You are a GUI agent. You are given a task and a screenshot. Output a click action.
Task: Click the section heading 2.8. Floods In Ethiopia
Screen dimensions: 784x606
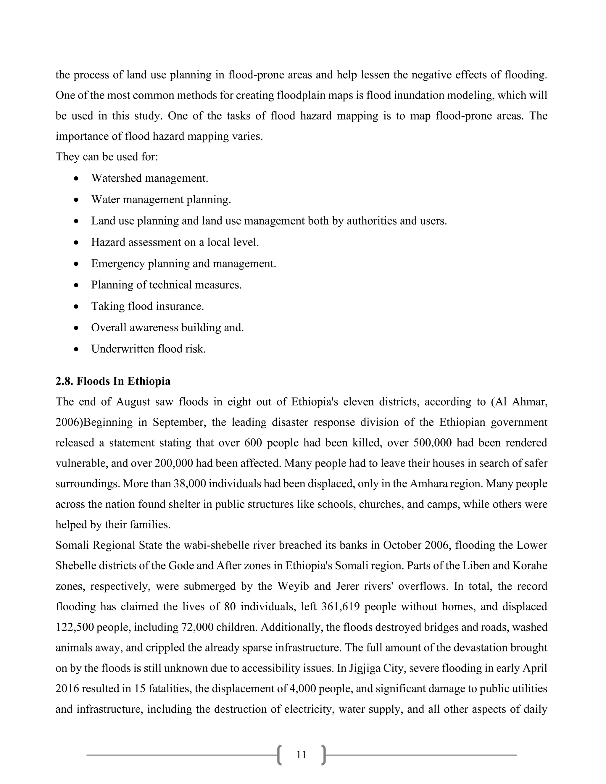tap(113, 381)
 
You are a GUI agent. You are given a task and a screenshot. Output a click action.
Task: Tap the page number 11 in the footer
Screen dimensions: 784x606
tap(301, 755)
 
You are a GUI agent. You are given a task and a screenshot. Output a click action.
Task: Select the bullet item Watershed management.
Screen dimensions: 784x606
tap(149, 178)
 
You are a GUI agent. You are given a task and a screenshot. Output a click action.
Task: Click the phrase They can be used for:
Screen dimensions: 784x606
tap(107, 157)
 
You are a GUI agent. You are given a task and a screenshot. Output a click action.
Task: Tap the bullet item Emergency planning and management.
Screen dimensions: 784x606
tap(183, 264)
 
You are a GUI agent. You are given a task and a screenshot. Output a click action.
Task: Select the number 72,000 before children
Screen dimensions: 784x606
tap(197, 627)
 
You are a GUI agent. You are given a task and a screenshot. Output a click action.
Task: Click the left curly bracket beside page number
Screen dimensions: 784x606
tap(280, 755)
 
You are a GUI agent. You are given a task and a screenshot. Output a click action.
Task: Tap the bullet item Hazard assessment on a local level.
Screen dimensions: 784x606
tap(175, 242)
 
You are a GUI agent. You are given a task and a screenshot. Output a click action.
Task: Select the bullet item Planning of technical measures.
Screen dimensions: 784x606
tap(166, 285)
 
